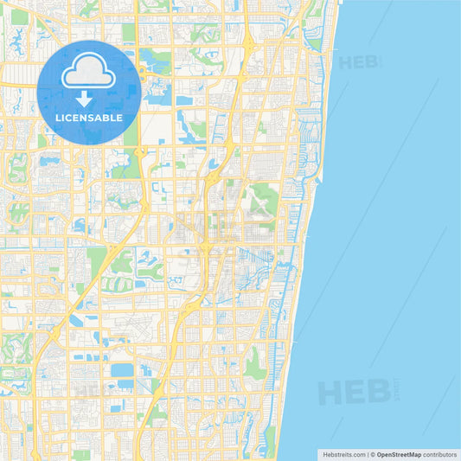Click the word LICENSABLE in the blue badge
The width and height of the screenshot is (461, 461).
tap(89, 117)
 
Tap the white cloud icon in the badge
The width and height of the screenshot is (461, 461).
tap(89, 73)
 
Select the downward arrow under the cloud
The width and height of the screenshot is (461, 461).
tap(89, 95)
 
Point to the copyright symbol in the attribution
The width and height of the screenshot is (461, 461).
tap(372, 453)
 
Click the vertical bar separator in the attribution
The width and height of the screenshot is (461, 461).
tap(367, 453)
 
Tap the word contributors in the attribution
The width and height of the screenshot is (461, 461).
tap(438, 453)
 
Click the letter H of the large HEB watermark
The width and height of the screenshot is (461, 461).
tap(331, 393)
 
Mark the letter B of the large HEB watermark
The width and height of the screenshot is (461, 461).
tap(379, 393)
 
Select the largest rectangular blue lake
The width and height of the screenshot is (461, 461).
tap(122, 371)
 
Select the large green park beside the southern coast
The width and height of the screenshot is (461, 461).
tap(254, 368)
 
